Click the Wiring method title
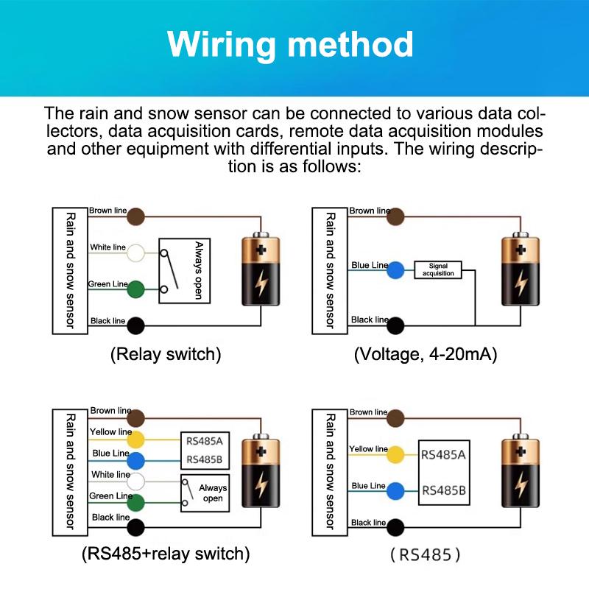click(x=290, y=45)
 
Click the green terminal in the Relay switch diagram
click(x=136, y=289)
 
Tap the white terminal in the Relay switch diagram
click(x=136, y=253)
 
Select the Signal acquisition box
click(x=437, y=269)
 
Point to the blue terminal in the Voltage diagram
click(x=396, y=269)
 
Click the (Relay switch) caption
click(x=166, y=354)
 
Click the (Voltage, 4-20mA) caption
click(x=426, y=354)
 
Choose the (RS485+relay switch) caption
click(x=166, y=554)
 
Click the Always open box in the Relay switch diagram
click(x=185, y=270)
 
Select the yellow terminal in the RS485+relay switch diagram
click(x=136, y=440)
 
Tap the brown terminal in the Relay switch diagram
click(x=136, y=216)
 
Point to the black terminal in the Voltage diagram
click(x=396, y=325)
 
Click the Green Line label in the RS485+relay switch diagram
click(x=110, y=496)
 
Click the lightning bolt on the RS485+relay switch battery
click(x=261, y=484)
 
